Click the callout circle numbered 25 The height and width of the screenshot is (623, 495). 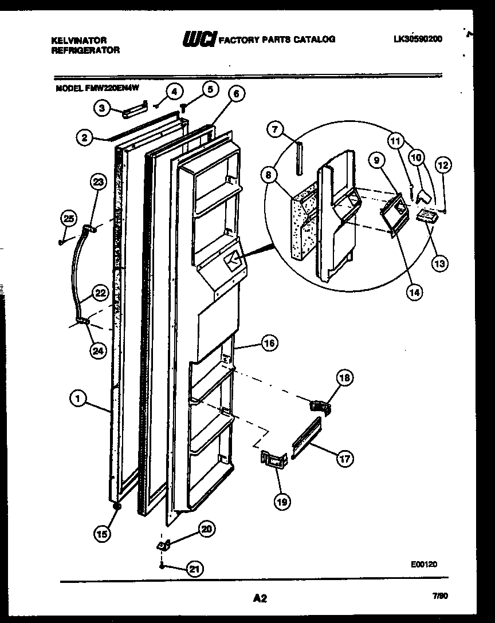pyautogui.click(x=68, y=218)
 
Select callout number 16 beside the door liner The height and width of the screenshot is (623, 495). pyautogui.click(x=268, y=344)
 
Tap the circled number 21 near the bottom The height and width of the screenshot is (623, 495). pyautogui.click(x=195, y=569)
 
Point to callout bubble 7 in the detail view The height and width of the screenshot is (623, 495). pyautogui.click(x=276, y=130)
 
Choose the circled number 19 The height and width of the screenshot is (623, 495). pyautogui.click(x=282, y=502)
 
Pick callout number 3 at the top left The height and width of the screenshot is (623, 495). pyautogui.click(x=102, y=107)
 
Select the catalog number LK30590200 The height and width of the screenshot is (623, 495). pyautogui.click(x=418, y=39)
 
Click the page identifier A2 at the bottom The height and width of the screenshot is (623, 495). pyautogui.click(x=260, y=599)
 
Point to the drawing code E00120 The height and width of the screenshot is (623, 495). pyautogui.click(x=424, y=564)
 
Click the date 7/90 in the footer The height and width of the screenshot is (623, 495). pyautogui.click(x=440, y=596)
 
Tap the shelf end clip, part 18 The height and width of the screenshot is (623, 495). pyautogui.click(x=320, y=406)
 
